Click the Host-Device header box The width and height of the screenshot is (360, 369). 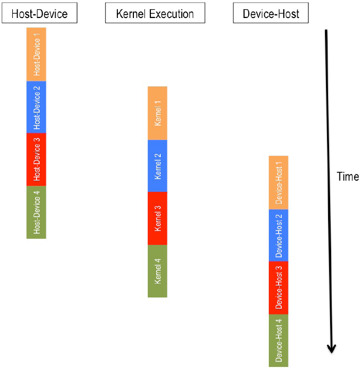[x=39, y=13]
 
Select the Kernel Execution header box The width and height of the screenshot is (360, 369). [x=155, y=13]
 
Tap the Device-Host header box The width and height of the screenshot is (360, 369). [x=270, y=13]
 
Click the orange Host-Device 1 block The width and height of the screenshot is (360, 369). [x=36, y=54]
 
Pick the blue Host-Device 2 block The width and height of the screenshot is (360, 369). [x=36, y=107]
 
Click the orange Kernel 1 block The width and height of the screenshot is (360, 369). [x=158, y=113]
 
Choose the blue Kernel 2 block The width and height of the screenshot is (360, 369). [x=158, y=166]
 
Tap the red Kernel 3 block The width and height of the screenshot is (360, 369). [x=158, y=218]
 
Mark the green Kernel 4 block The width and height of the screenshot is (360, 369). [x=158, y=271]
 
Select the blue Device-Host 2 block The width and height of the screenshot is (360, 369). [x=279, y=235]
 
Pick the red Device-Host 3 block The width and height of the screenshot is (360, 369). [x=279, y=288]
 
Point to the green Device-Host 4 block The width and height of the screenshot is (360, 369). [x=279, y=341]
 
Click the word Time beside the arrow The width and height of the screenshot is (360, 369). [x=348, y=177]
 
